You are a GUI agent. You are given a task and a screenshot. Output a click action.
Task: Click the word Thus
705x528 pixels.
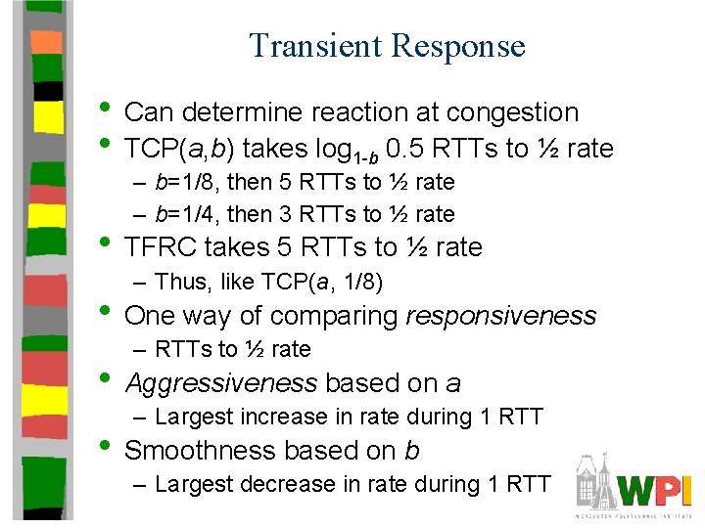(178, 283)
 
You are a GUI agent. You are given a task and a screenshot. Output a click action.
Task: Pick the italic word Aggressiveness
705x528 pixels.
(221, 383)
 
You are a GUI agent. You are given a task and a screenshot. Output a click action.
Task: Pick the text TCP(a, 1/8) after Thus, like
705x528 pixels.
(322, 283)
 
